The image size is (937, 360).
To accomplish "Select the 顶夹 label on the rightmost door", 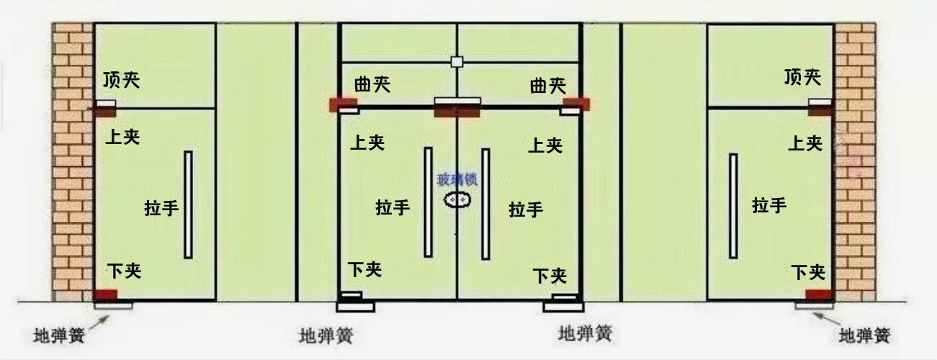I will (x=803, y=76).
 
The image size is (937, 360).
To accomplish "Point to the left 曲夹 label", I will (x=372, y=84).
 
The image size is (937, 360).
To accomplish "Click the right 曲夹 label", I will (x=547, y=86).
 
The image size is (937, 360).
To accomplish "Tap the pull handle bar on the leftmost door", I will (x=188, y=204).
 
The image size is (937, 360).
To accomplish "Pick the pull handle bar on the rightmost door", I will (x=733, y=205).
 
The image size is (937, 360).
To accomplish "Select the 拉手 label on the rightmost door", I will (x=769, y=205).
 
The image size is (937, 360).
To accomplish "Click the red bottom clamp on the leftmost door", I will (x=106, y=294).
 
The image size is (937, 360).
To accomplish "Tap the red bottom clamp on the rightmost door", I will (x=819, y=294).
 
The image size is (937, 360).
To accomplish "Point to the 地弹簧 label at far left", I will (x=60, y=336).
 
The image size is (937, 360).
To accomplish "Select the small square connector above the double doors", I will (x=457, y=62).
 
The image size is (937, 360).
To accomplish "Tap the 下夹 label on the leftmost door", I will (x=124, y=271).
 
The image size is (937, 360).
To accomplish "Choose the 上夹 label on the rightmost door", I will (x=804, y=143).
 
